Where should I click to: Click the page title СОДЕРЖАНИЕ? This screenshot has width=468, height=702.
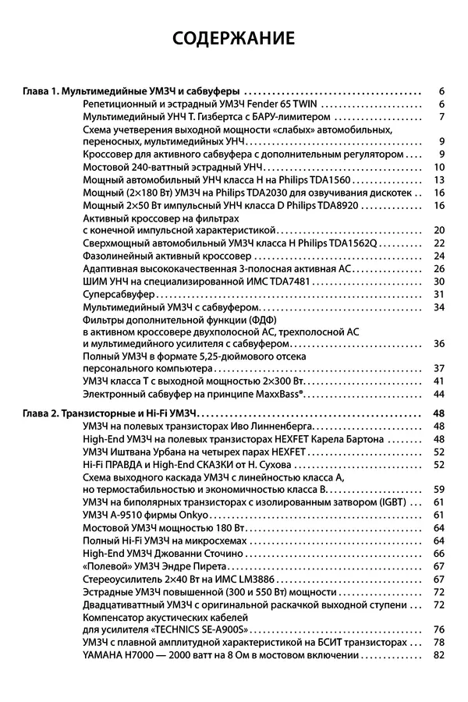tap(234, 38)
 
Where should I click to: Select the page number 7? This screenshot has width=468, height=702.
tap(441, 117)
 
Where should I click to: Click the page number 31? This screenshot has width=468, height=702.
tap(438, 293)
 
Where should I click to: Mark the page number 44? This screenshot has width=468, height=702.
tap(438, 394)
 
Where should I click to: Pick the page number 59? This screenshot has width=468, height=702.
tap(438, 489)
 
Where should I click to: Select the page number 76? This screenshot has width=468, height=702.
tap(438, 629)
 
